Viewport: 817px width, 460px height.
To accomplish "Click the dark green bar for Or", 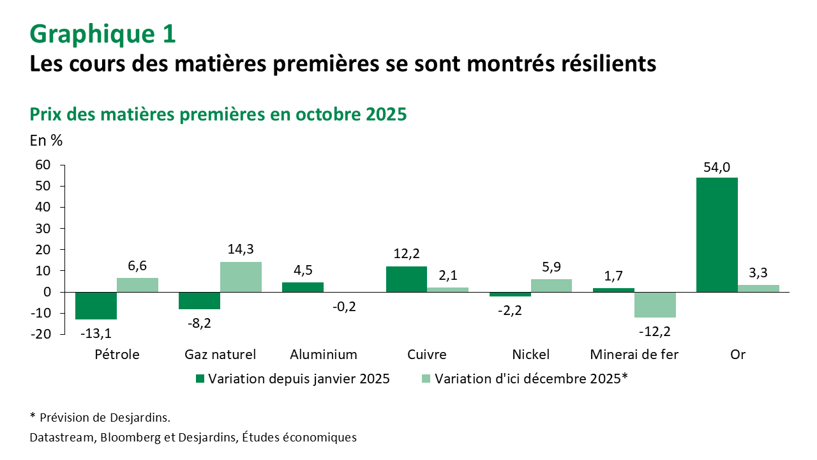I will point(717,234).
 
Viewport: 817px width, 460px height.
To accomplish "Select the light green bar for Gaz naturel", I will point(241,277).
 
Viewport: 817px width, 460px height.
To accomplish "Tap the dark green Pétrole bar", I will point(96,305).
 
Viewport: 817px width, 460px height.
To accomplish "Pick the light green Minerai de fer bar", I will point(656,305).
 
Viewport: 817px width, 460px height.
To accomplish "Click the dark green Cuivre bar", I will point(407,279).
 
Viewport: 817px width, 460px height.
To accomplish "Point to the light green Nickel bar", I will point(551,286).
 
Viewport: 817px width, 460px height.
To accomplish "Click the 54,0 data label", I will point(717,168).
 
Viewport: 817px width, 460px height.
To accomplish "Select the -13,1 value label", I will point(96,332).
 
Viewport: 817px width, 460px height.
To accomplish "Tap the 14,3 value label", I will point(241,249).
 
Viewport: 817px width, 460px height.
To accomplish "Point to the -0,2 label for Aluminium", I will point(344,306).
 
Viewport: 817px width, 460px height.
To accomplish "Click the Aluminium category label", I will point(324,355).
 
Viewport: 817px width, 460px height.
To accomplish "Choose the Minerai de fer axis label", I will point(634,355).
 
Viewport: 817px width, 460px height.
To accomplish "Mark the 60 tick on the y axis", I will point(42,165).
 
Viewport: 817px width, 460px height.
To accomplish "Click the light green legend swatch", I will point(426,378).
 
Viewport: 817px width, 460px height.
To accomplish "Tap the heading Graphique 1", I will point(103,34).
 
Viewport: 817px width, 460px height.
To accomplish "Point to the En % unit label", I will point(46,141).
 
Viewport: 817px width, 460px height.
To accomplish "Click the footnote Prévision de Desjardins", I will point(105,418).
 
